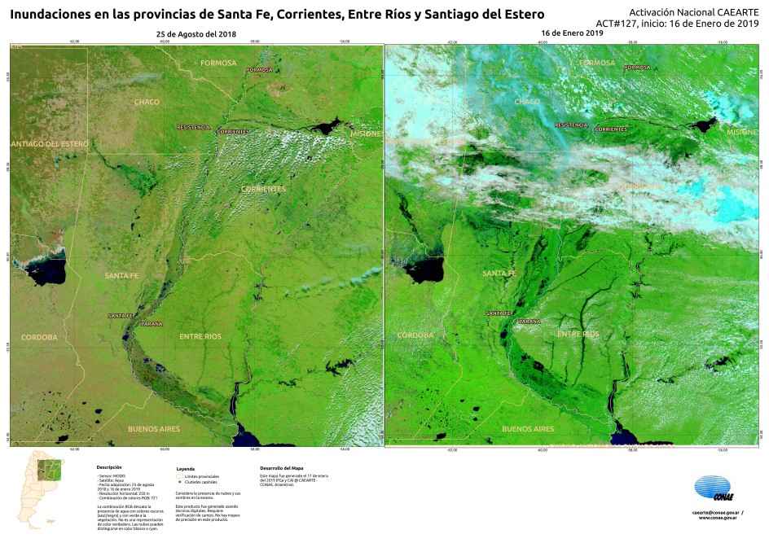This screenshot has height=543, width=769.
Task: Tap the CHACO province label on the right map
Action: tap(528, 102)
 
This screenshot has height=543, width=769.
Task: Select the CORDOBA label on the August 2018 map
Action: tap(39, 336)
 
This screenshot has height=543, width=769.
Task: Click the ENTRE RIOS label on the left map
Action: tap(200, 335)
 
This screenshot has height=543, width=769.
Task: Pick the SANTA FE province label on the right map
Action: tap(499, 274)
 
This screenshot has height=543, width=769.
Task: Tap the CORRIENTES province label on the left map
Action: tap(263, 189)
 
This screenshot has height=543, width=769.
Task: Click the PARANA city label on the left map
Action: tap(152, 324)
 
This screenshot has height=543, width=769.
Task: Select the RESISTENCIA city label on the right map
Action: tap(572, 125)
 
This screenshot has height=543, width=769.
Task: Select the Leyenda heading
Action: tap(186, 470)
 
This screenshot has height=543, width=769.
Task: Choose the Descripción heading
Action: tap(109, 467)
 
